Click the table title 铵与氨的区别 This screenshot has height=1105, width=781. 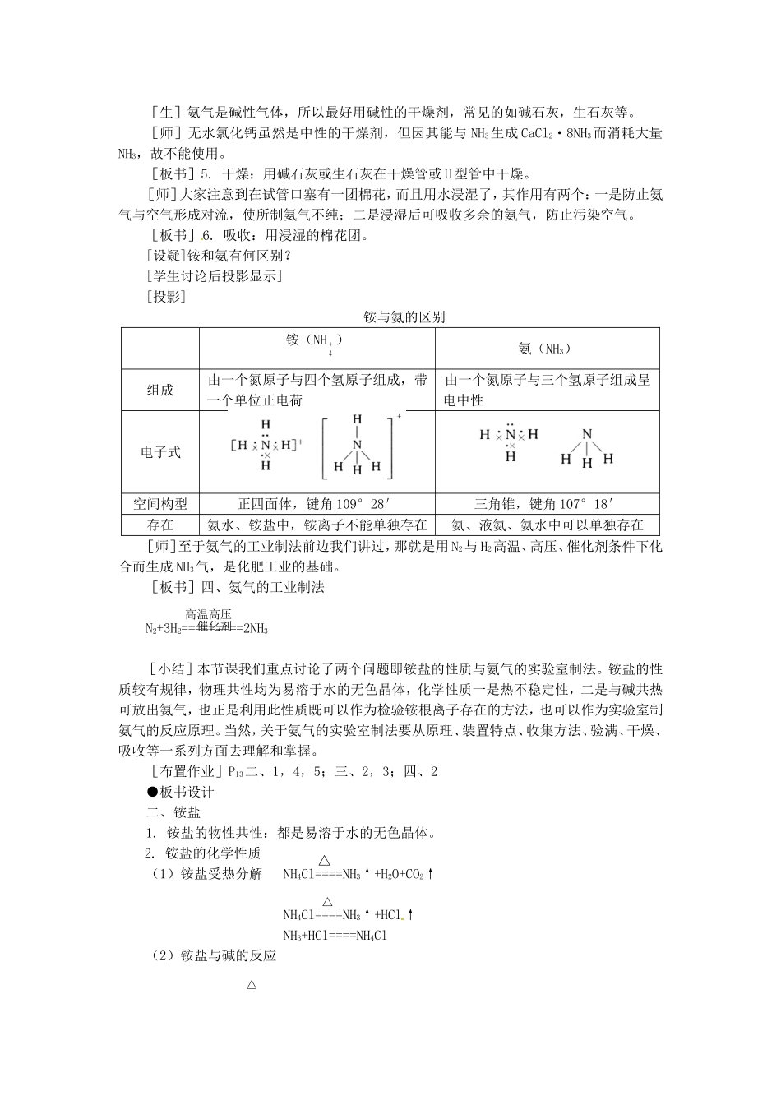coord(404,317)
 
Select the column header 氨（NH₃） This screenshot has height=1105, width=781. coord(545,349)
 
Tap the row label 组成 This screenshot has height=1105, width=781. coord(160,391)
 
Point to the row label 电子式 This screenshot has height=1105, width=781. coord(160,452)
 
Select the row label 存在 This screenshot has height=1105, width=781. coord(160,525)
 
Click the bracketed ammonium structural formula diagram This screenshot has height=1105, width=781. coord(358,448)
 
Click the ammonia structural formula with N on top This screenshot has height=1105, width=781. coord(586,448)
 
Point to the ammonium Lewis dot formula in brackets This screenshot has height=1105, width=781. coord(266,445)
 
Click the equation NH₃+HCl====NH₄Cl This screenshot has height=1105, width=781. coord(335,935)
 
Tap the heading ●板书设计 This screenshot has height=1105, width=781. coord(180,792)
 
